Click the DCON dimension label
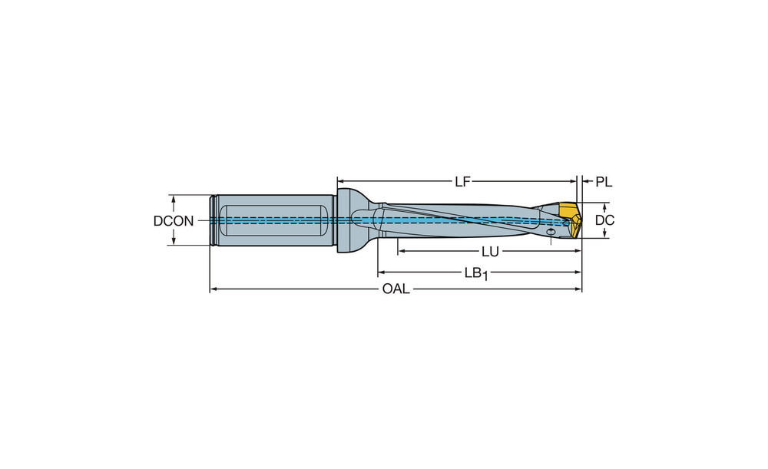tap(174, 221)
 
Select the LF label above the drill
tap(462, 182)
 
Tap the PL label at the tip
tap(604, 182)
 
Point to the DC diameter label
tap(604, 220)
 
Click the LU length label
tap(490, 252)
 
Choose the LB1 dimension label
tap(476, 273)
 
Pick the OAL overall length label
tap(396, 289)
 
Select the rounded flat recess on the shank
tap(274, 221)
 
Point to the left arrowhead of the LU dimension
tap(402, 252)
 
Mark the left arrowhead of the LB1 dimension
tap(382, 272)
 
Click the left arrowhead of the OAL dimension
tap(214, 289)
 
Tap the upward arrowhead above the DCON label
tap(174, 200)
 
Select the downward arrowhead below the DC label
tap(604, 234)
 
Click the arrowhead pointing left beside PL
tap(586, 182)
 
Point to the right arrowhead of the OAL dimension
tap(578, 289)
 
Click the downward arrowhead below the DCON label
tap(174, 241)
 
